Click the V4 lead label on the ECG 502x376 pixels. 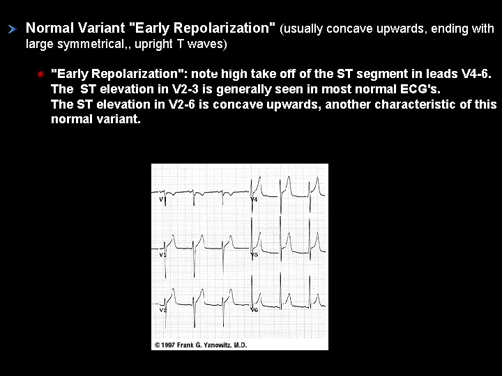point(254,200)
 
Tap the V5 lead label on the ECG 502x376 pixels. point(254,255)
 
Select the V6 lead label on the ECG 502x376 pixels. point(254,309)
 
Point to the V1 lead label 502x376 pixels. point(162,200)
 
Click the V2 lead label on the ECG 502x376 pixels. point(162,255)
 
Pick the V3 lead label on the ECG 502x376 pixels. point(162,309)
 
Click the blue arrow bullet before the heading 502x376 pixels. point(12,29)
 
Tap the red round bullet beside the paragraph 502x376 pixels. point(40,74)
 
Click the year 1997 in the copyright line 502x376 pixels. point(170,345)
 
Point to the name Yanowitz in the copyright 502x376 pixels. point(224,345)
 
